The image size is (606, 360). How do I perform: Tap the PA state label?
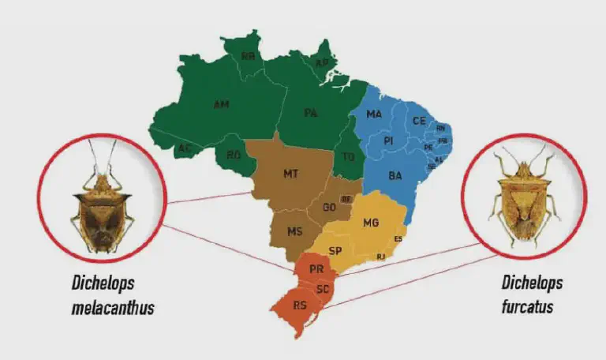coord(312,113)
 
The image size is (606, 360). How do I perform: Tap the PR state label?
coord(316,268)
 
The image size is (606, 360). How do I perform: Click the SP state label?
coord(335,251)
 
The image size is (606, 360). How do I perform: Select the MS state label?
coord(294,231)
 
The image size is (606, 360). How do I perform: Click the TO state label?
coord(348,156)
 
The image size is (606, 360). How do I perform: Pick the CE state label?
coord(419,121)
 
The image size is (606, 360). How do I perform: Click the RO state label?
coord(234,156)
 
